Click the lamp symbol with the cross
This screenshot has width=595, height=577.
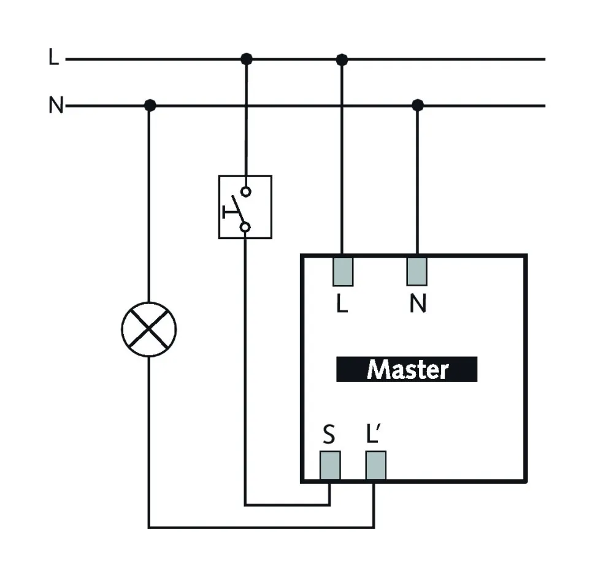(148, 329)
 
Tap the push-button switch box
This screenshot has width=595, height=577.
(245, 207)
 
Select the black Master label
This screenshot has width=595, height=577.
(406, 370)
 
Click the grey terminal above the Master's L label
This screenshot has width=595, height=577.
(343, 271)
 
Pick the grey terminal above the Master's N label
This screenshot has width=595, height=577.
(417, 271)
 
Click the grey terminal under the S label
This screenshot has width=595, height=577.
(330, 465)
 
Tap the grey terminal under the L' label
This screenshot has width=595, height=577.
(375, 465)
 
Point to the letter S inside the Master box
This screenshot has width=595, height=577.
(329, 435)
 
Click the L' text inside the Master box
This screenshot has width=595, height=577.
(374, 435)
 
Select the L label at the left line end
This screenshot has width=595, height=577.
(54, 59)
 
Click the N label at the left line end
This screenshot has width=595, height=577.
(56, 106)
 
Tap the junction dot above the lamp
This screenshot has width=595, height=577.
(149, 105)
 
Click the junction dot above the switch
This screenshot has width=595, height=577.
(247, 59)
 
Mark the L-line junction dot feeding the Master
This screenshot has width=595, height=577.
(342, 59)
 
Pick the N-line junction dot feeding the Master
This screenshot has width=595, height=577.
(418, 105)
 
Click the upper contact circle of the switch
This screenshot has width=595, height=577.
(245, 192)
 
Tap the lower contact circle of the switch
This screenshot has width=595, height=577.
(245, 228)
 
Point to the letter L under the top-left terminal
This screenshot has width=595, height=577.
(342, 305)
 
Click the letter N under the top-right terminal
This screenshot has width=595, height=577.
(418, 305)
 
